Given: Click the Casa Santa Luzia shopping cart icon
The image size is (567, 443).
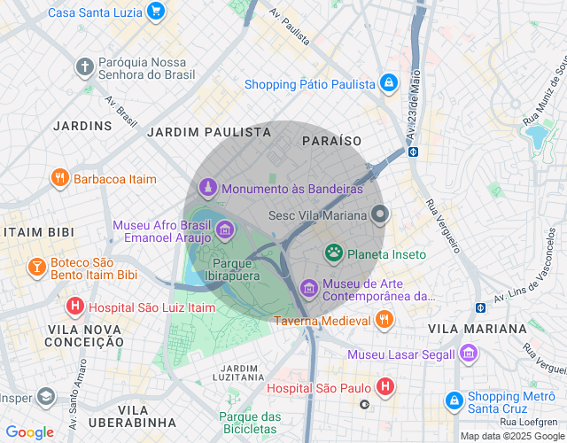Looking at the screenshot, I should point(156,12).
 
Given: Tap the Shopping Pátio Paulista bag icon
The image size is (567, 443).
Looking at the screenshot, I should point(388,84).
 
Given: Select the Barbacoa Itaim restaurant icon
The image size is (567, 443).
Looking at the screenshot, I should point(60,178).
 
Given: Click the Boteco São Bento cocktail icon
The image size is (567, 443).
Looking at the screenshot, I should point(36,267).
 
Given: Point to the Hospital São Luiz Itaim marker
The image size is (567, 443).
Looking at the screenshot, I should point(75,307).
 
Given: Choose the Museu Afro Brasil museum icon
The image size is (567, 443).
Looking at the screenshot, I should point(225,231).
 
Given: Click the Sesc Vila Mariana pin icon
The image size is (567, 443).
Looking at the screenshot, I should point(380,214).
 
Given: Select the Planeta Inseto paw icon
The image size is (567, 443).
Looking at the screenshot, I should point(333,254).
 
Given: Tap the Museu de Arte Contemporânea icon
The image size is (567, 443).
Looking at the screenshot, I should point(308,287).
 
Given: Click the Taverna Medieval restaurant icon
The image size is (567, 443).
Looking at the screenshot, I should point(384,320).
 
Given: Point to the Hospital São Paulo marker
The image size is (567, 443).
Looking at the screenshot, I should point(384,386).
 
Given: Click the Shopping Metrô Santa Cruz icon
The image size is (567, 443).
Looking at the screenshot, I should point(454,401).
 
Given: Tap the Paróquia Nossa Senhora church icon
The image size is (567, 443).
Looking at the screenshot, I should point(84,66).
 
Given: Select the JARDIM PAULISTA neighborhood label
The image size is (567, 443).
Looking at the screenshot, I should point(209,132).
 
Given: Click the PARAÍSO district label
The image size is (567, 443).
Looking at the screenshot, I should point(331,141).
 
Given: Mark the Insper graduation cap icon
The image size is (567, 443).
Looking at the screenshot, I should point(44,400).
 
